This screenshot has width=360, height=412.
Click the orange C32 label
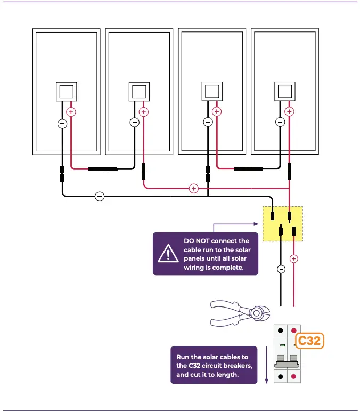pos(309,341)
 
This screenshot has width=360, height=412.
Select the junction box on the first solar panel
pos(67,92)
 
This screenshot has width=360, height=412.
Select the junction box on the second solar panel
pos(140,92)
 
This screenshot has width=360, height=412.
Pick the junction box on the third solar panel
pos(212,91)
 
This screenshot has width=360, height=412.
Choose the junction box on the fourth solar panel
pos(284,91)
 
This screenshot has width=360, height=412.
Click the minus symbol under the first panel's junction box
pos(62,123)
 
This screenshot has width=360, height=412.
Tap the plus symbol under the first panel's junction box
pos(71,112)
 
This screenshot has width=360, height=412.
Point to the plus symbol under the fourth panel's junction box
pos(289,112)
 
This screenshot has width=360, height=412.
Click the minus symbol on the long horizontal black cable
pos(99,197)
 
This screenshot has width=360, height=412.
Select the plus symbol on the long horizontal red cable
pos(193,188)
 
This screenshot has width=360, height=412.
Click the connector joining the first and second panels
pos(103,169)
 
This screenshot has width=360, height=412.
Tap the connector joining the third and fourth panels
pos(249,169)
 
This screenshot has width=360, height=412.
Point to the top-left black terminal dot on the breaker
pos(281,331)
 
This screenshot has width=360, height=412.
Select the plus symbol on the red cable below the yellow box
pos(293,258)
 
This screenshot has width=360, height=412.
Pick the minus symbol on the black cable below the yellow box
pos(281,269)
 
